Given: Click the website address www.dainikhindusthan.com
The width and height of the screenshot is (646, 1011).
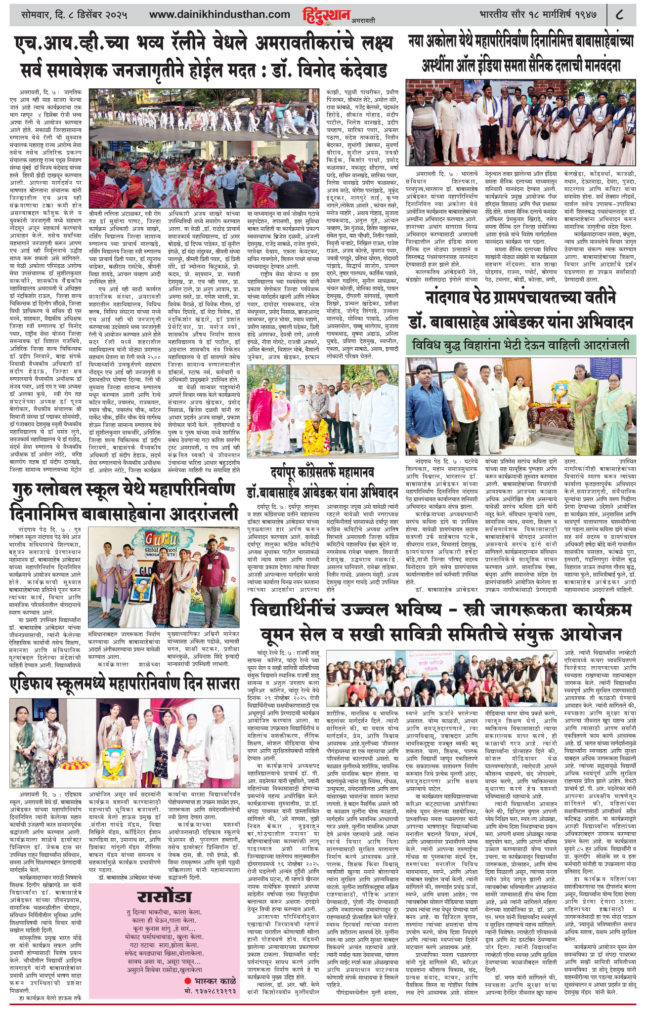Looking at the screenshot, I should click(219, 14).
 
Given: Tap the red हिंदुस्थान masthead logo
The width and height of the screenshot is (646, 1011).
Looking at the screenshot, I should click(326, 15).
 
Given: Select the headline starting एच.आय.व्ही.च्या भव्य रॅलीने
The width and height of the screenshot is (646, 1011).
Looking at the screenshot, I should click(203, 42).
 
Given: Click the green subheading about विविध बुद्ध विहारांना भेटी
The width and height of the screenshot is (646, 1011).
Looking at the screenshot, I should click(520, 344).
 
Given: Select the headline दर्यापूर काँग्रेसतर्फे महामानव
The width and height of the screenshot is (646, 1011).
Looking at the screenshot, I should click(322, 472).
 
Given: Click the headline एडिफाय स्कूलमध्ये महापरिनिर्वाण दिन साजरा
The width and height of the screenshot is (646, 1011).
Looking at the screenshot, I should click(124, 685).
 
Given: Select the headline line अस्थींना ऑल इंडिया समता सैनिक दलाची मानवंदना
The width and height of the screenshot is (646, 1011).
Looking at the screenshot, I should click(520, 65).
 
